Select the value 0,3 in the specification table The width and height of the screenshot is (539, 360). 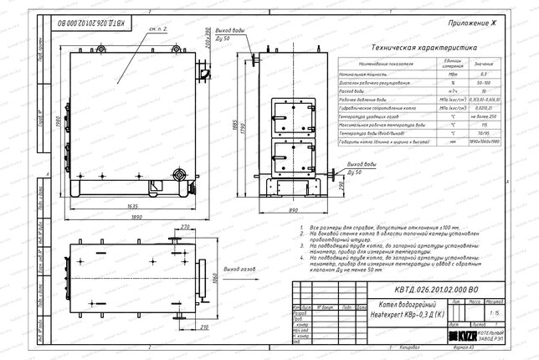pos(485,75)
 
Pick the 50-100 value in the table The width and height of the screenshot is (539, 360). pos(485,85)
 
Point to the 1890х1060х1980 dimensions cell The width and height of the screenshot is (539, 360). pos(485,142)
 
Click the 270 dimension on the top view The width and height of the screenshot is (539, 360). pos(186,227)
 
